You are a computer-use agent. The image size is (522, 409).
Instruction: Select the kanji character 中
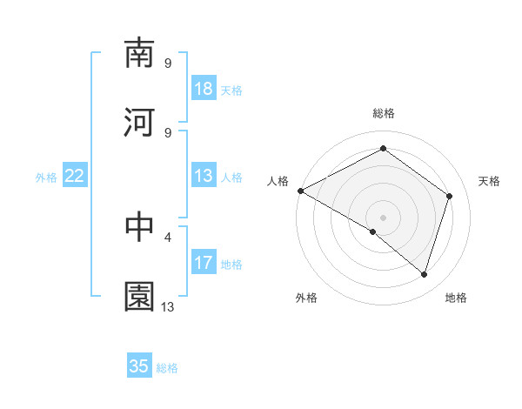click(140, 227)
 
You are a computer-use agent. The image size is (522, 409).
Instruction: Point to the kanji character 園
click(140, 297)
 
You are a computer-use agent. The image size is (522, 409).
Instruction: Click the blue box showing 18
click(204, 88)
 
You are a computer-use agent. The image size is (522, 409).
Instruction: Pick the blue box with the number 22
click(75, 176)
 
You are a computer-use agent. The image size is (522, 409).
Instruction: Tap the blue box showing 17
click(204, 263)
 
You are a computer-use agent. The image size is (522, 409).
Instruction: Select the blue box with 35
click(139, 366)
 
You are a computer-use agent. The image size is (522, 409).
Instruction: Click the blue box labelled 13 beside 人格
click(204, 176)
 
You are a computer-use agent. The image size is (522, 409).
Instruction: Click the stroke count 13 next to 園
click(168, 306)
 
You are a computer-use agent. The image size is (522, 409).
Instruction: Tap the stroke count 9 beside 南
click(168, 63)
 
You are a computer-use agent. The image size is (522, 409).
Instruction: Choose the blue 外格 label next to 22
click(46, 177)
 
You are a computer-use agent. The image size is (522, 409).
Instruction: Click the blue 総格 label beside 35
click(167, 368)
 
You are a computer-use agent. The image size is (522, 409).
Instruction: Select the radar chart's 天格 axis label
click(489, 181)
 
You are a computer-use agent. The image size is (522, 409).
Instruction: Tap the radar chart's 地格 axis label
click(456, 298)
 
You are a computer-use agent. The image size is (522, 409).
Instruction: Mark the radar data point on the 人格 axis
click(300, 191)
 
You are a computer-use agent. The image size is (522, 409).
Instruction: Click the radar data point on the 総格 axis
click(383, 149)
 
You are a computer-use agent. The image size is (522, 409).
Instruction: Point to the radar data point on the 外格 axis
click(373, 231)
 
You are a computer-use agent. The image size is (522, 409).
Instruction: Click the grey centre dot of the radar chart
click(383, 217)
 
